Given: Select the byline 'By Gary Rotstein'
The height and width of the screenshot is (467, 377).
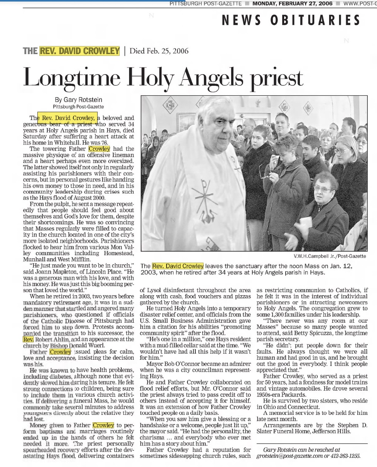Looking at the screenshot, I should pyautogui.click(x=78, y=100).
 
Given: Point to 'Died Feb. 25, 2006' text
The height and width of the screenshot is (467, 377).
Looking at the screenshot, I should pyautogui.click(x=159, y=51).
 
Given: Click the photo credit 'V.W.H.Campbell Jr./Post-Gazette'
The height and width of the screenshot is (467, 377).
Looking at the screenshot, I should pyautogui.click(x=330, y=256).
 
